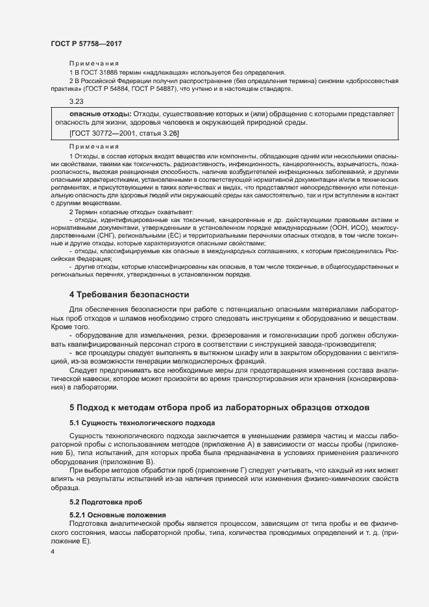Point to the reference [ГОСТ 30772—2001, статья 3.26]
tap(124, 133)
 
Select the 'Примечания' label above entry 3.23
tap(90, 64)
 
